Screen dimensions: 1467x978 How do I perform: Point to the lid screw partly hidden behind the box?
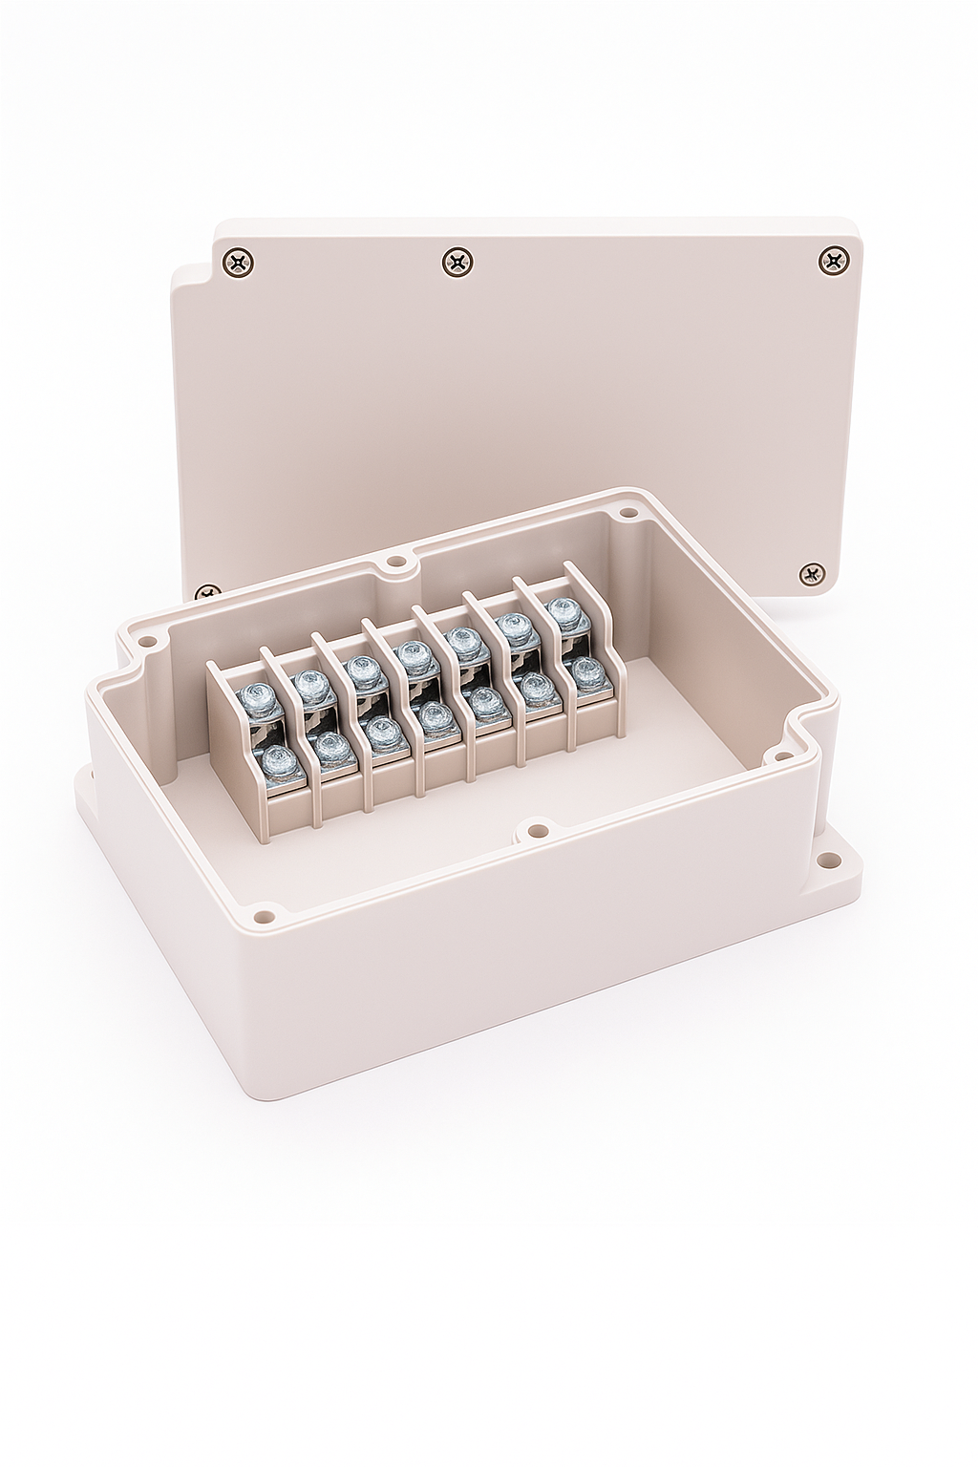point(207,592)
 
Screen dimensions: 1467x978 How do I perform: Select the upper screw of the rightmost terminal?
point(566,611)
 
